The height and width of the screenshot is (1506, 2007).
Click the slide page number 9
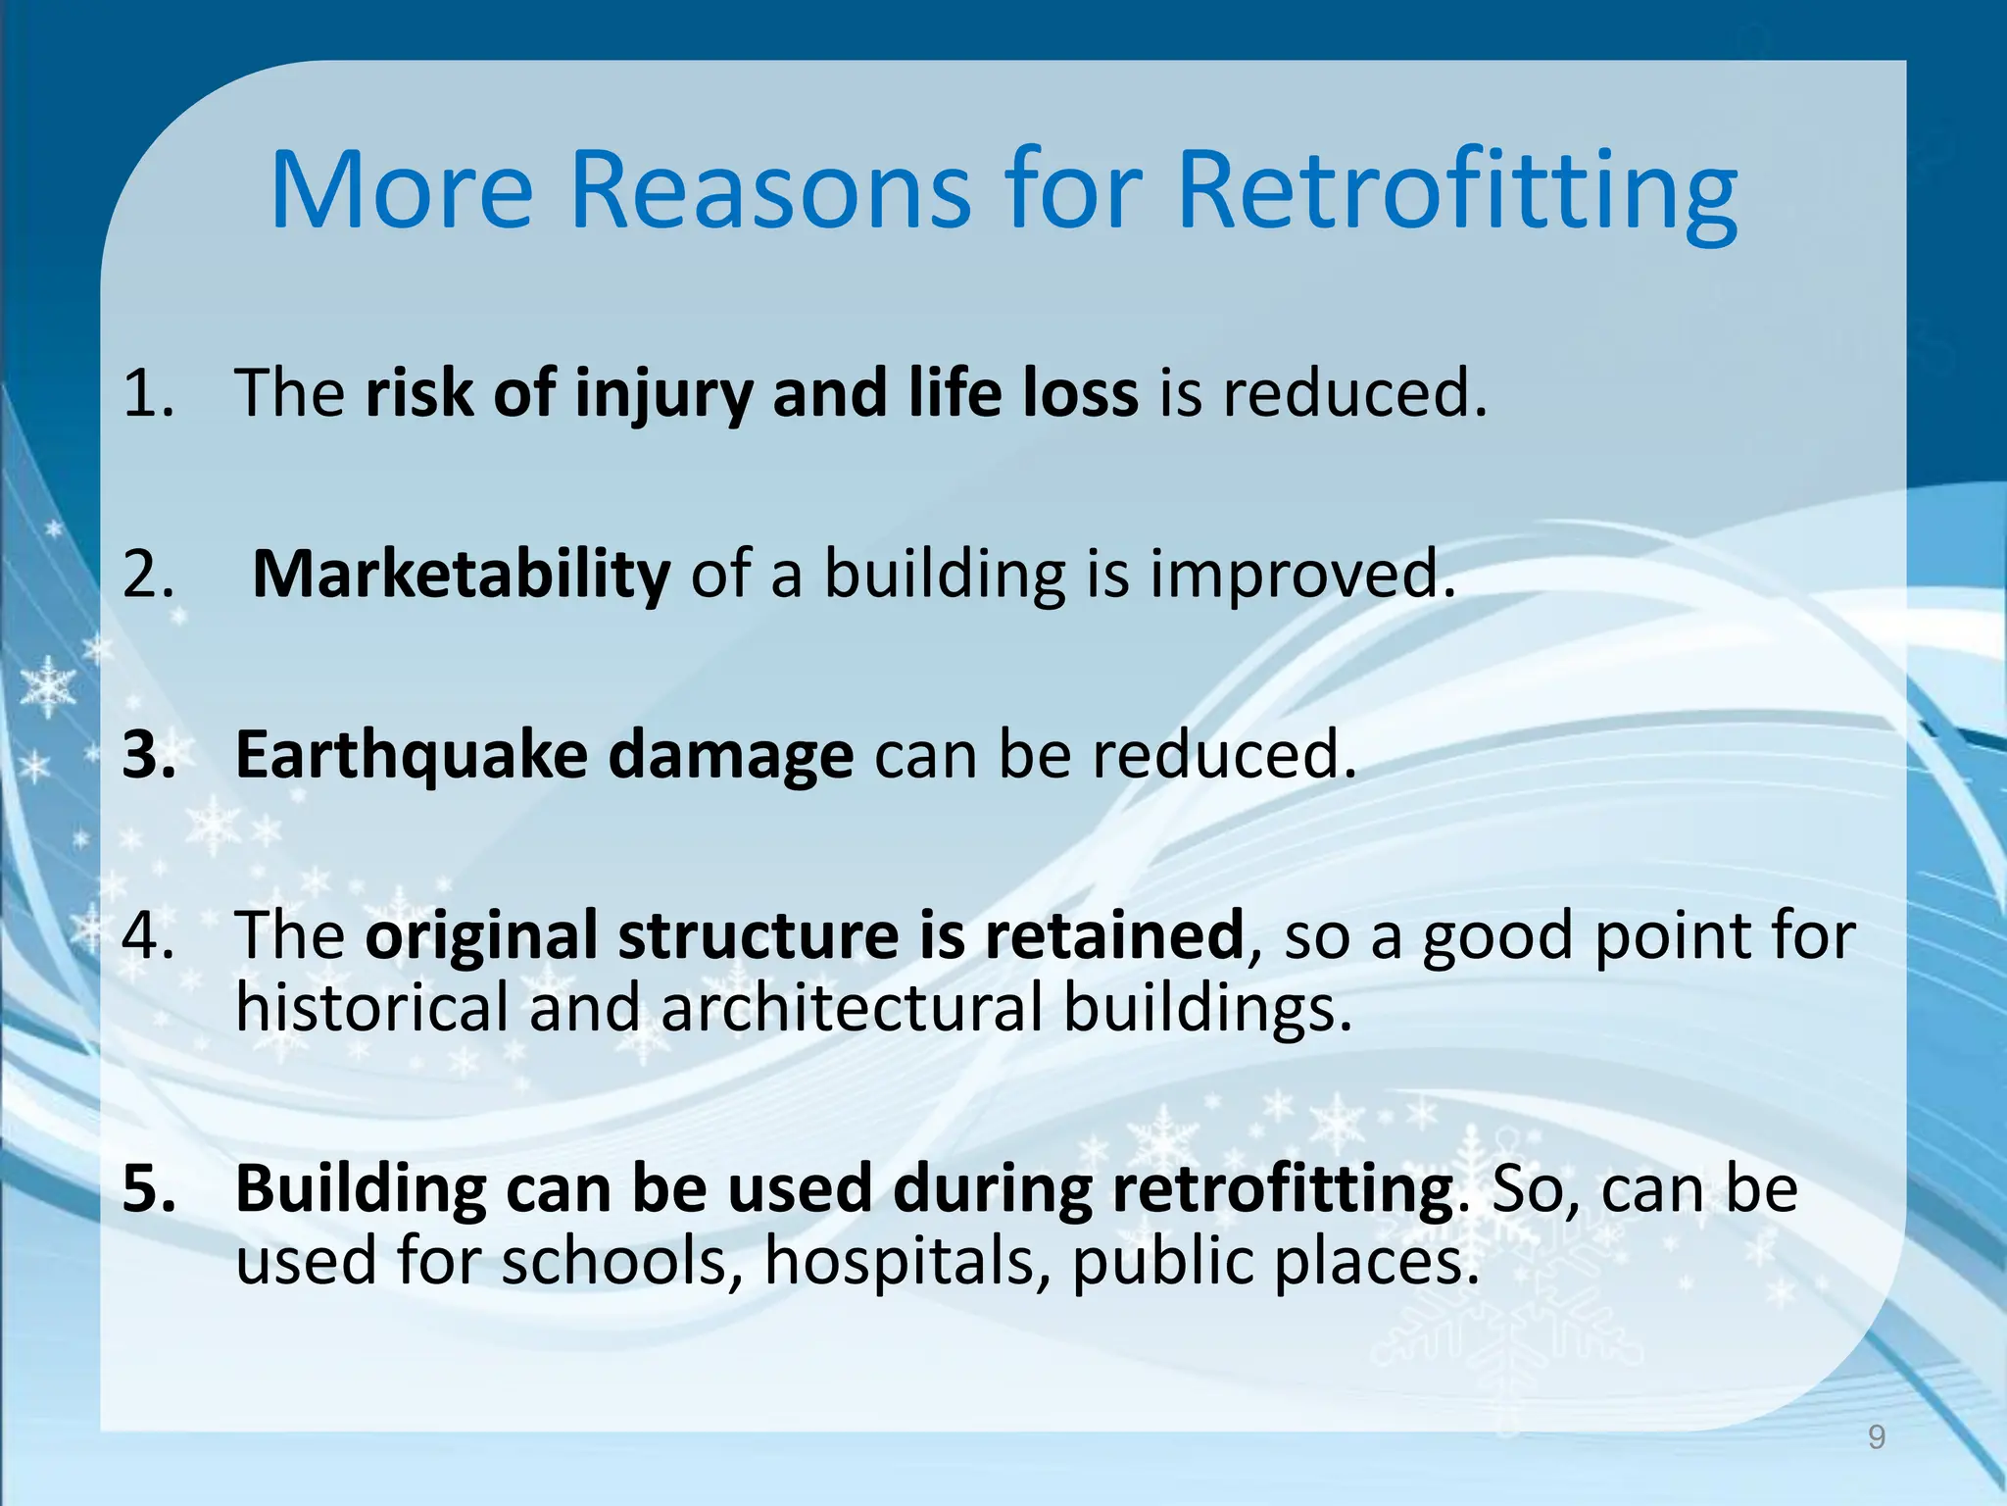click(1876, 1437)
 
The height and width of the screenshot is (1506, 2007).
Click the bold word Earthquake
click(411, 755)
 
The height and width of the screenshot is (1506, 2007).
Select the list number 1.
click(147, 392)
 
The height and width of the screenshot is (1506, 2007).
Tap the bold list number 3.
click(149, 755)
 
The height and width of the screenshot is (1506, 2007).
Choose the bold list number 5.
click(149, 1188)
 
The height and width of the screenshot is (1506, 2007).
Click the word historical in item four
click(371, 1008)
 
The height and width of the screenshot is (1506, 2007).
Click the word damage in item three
click(730, 755)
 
